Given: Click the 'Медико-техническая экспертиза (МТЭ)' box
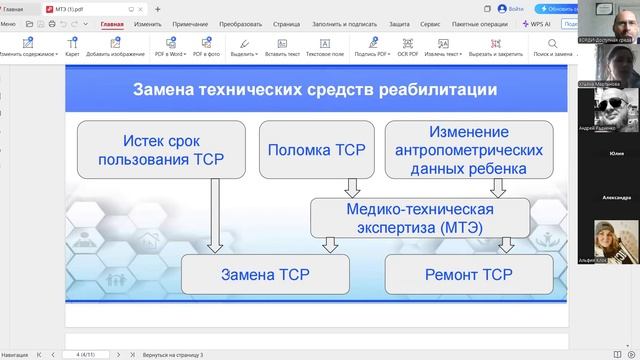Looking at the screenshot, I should [x=420, y=216].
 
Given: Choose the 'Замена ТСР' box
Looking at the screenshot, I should [x=265, y=274].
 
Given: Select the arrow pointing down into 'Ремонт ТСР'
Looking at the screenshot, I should [x=507, y=244].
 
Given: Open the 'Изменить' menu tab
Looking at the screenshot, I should [x=148, y=22].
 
